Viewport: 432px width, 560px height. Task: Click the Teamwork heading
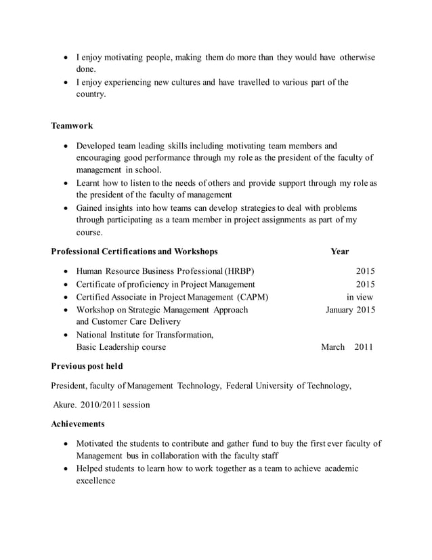tap(72, 125)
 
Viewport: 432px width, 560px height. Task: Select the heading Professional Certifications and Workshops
tap(134, 252)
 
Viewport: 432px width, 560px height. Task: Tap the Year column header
tap(340, 252)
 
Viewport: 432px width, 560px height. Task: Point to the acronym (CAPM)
tap(252, 297)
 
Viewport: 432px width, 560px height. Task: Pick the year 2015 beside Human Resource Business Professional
tap(366, 271)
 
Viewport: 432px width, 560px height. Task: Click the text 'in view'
tap(360, 297)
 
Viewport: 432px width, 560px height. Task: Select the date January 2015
tap(350, 310)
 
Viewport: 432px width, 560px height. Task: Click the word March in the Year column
tap(332, 347)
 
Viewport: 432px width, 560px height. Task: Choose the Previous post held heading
tap(87, 367)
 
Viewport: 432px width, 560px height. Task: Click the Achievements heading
tap(78, 424)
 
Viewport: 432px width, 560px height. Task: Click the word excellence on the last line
tap(95, 481)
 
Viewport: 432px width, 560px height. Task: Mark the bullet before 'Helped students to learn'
tap(66, 469)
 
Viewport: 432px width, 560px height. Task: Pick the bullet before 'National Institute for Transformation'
tap(66, 335)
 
